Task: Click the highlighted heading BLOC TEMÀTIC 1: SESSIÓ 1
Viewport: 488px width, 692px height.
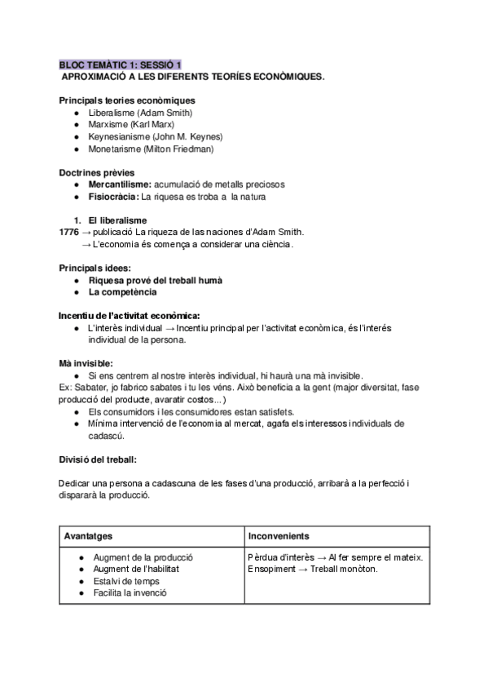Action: [121, 64]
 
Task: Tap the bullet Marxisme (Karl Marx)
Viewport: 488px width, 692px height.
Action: [131, 125]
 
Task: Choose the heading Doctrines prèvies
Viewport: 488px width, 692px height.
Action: [97, 173]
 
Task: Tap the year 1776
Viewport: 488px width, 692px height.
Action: [68, 232]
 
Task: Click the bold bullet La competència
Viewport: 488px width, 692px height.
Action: [123, 292]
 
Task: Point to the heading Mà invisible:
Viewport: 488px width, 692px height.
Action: [86, 362]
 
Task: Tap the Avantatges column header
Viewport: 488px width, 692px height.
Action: [89, 536]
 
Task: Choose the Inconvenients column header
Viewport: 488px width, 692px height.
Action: [279, 536]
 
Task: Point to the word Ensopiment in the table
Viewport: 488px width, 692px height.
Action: [274, 569]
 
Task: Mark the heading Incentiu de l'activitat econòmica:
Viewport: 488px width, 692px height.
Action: [130, 316]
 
